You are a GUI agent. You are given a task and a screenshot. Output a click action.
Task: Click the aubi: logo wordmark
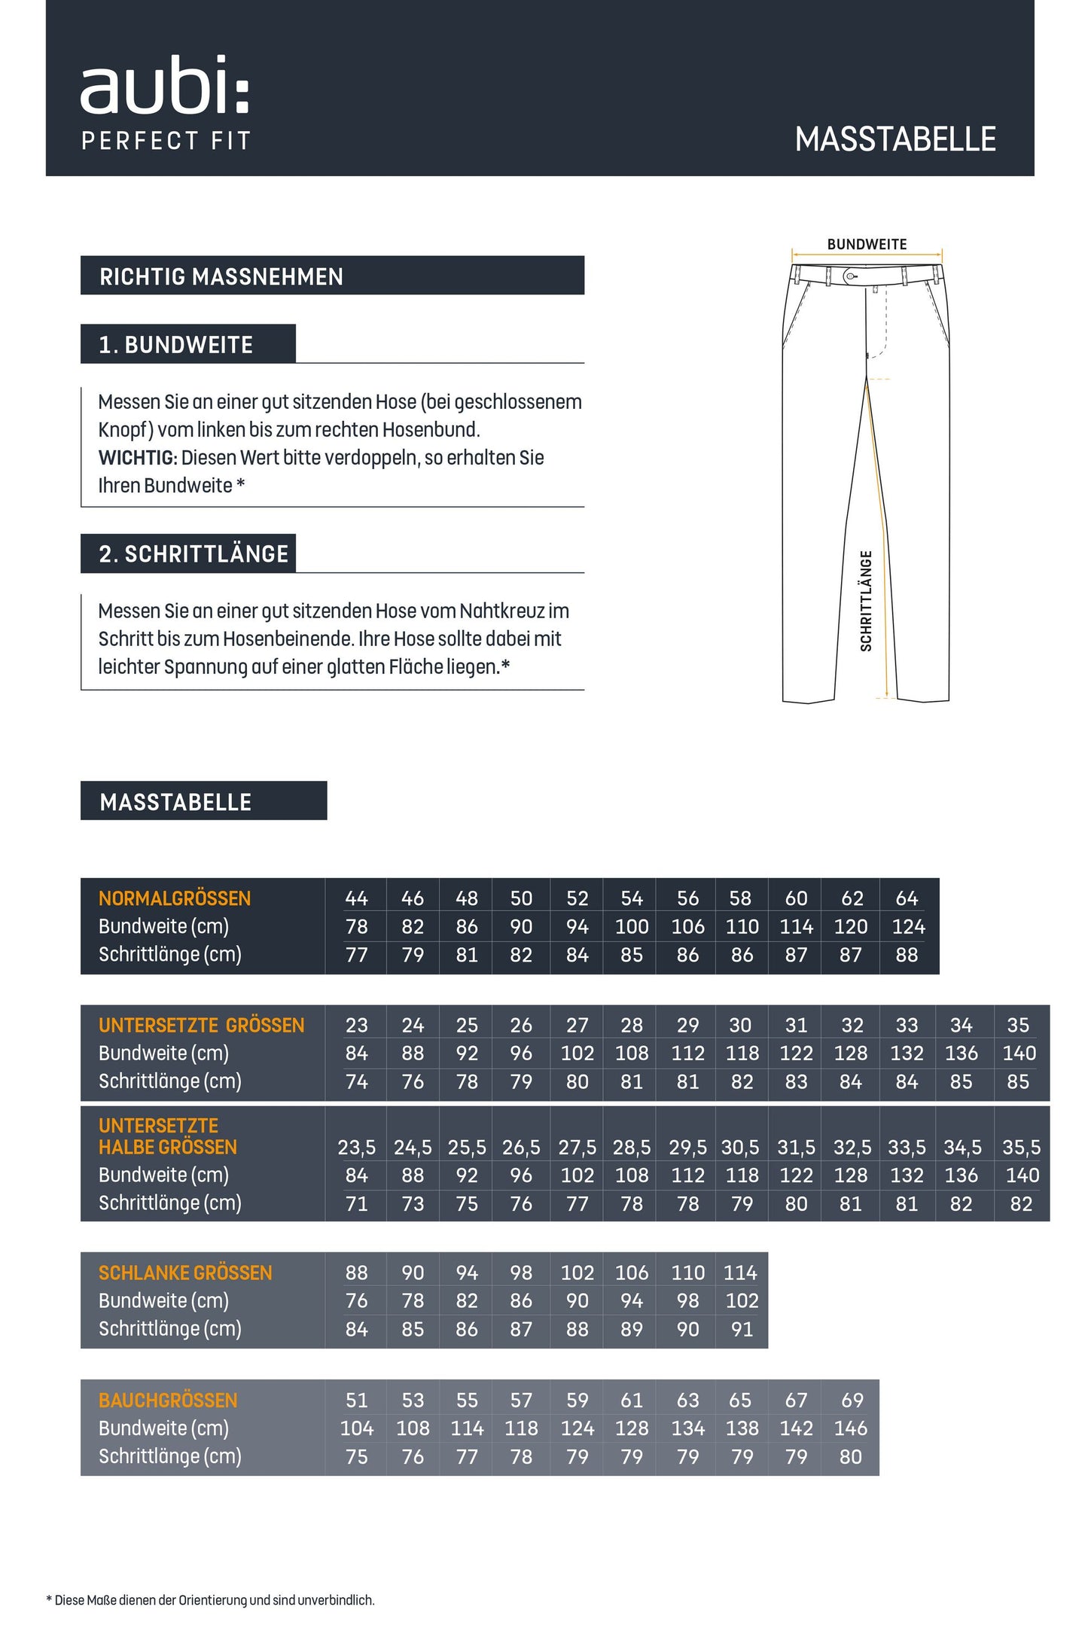pos(164,86)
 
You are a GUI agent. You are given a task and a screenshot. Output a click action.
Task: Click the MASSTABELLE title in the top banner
pos(895,139)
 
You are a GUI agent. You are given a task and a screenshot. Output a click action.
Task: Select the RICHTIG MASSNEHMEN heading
pos(221,276)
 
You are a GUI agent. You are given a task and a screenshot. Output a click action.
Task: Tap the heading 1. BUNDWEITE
pos(176,345)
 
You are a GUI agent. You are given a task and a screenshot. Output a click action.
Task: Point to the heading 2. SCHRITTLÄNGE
pos(194,554)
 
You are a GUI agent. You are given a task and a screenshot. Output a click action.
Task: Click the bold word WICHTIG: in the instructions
pos(138,458)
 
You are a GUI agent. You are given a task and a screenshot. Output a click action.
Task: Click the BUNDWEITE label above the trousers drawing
pos(867,244)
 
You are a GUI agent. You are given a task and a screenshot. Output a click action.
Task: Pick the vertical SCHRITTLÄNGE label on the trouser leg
pos(866,601)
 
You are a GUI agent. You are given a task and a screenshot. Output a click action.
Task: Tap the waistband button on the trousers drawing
pos(850,276)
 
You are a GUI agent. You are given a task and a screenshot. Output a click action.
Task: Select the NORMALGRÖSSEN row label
pos(175,898)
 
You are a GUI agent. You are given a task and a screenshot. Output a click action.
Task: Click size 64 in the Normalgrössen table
pos(907,898)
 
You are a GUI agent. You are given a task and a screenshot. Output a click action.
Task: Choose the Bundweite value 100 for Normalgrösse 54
pos(632,926)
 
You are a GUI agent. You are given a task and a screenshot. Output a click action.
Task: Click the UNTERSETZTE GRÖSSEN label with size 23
pos(201,1025)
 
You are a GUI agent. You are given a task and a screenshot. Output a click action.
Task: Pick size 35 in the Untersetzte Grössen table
pos(1018,1025)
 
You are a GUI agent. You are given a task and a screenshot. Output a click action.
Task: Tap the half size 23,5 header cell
pos(356,1147)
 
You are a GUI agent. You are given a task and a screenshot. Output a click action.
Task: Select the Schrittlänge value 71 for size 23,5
pos(356,1203)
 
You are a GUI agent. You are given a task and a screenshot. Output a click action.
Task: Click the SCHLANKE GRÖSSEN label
pos(185,1273)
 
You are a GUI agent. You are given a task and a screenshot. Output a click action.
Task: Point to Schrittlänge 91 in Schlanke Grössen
pos(742,1329)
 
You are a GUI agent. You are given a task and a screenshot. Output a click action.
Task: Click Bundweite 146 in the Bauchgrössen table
pos(851,1428)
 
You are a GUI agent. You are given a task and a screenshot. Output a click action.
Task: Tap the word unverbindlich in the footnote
pos(336,1600)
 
